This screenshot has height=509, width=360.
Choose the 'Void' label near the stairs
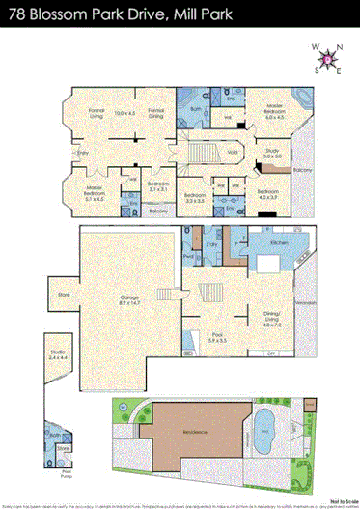pyautogui.click(x=233, y=151)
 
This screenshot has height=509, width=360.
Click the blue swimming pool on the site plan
pyautogui.click(x=262, y=422)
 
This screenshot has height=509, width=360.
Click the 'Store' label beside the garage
pyautogui.click(x=65, y=294)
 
